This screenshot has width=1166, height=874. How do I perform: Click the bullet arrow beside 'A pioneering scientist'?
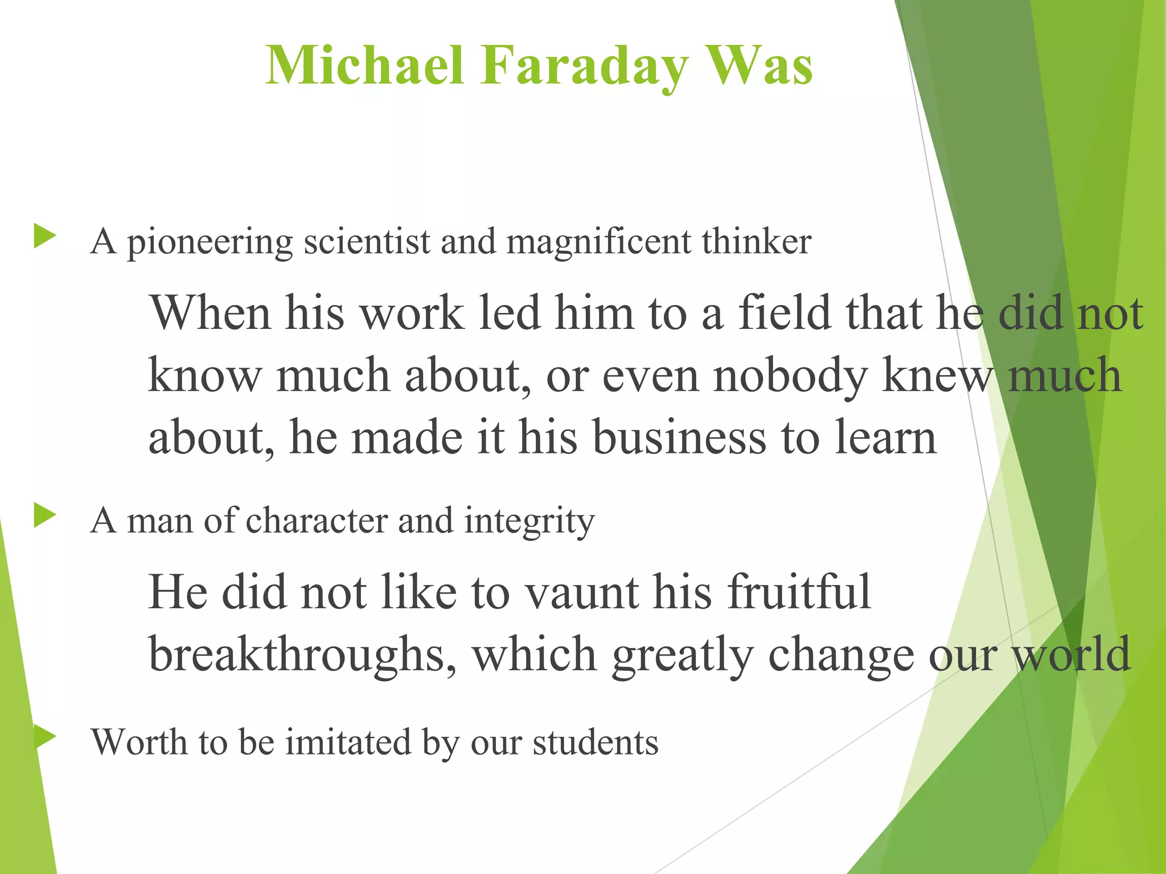[x=44, y=236]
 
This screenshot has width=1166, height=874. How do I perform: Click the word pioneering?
[x=210, y=242]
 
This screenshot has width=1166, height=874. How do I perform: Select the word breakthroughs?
[x=302, y=654]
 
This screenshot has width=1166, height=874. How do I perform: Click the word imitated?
[x=348, y=742]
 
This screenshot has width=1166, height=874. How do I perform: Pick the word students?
[x=595, y=742]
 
